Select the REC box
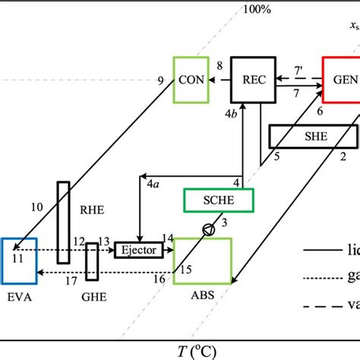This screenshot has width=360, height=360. (x=251, y=79)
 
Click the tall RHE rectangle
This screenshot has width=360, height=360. (x=64, y=222)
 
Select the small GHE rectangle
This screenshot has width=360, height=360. (x=92, y=262)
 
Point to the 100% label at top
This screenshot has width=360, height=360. (x=255, y=9)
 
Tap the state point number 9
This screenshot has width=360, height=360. (x=160, y=78)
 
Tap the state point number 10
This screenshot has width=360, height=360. (x=36, y=207)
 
